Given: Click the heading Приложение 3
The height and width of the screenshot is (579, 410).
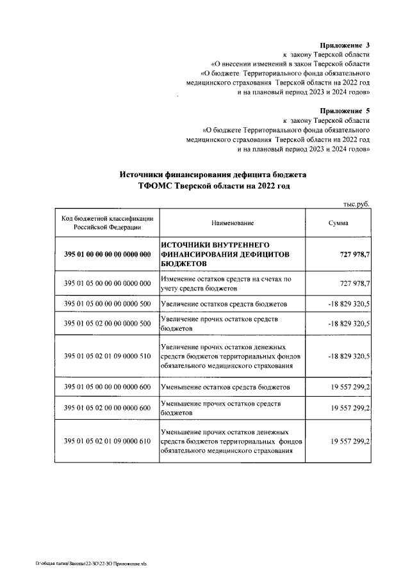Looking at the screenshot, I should click(x=345, y=45).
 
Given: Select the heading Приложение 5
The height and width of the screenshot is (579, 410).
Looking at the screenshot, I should click(x=345, y=111).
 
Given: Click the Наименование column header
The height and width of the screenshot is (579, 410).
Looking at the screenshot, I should click(x=233, y=223).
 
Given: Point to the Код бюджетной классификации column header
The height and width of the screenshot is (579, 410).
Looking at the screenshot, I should click(x=108, y=223).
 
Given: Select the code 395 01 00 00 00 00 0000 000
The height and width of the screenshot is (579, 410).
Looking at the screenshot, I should click(x=108, y=255).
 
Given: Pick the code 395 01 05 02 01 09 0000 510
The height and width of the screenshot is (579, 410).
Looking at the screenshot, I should click(x=108, y=356).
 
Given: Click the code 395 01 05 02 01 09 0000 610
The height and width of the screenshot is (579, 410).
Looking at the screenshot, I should click(x=108, y=441).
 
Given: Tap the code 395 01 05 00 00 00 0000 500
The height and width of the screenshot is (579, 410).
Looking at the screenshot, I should click(x=108, y=303).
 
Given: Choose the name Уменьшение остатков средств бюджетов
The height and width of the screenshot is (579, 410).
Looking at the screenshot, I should click(x=225, y=388).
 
